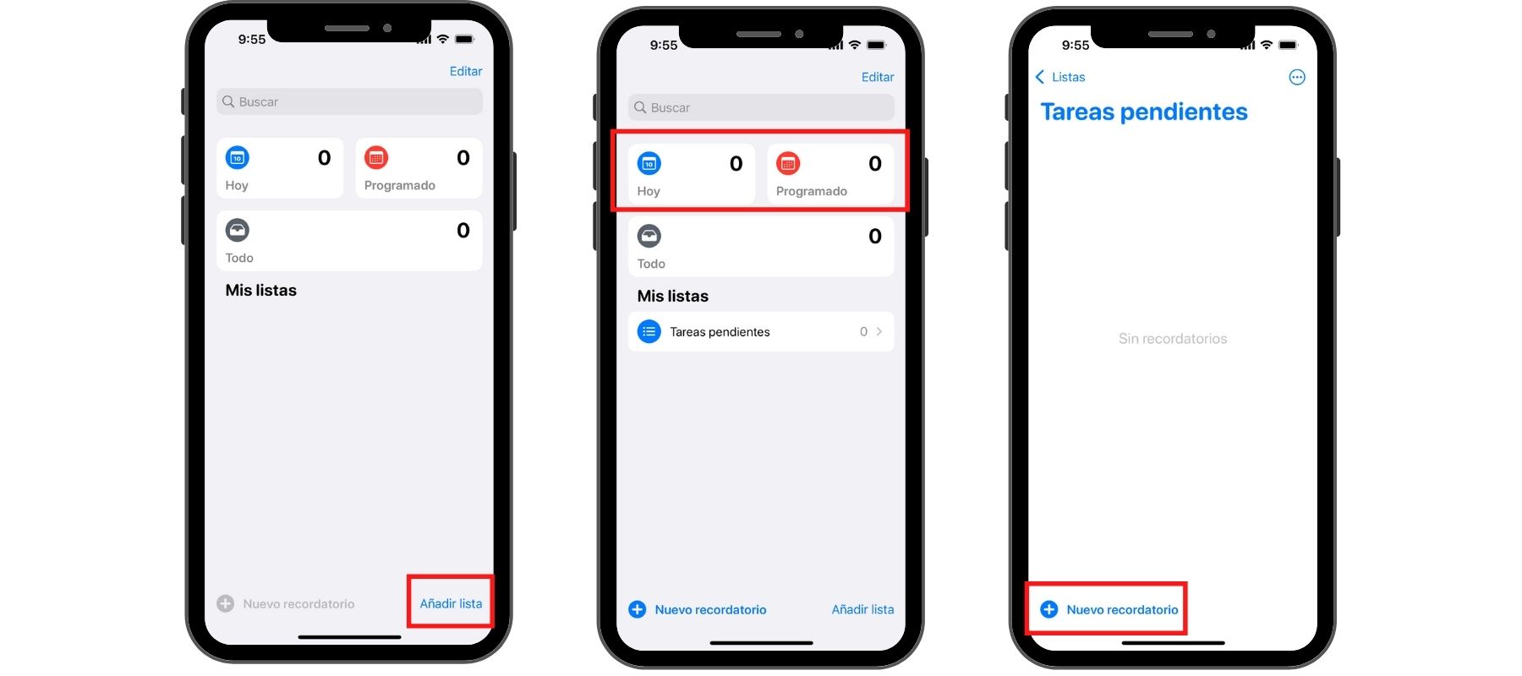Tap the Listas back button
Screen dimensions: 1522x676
(1060, 77)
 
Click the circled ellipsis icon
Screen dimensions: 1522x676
(1297, 78)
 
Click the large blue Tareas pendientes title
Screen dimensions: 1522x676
(1144, 112)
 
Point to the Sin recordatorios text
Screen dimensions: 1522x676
(1173, 339)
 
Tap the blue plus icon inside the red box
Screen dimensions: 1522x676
(1048, 609)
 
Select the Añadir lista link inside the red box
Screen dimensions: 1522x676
(451, 603)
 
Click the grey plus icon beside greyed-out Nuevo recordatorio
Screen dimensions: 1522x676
(225, 603)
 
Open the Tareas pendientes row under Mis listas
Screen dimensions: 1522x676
(761, 332)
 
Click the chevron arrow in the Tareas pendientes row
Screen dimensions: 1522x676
(879, 332)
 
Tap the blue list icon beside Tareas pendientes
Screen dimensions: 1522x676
(649, 332)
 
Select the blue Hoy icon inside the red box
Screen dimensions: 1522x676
(649, 163)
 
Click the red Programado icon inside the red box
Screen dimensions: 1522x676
(788, 163)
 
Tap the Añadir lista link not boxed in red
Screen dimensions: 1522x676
(862, 609)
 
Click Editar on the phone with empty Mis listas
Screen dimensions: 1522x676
(466, 71)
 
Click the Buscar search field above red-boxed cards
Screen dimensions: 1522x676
(761, 107)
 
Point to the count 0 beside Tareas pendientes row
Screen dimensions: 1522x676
(863, 332)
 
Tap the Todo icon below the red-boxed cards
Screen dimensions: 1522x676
(649, 236)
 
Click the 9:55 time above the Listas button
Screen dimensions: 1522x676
(1076, 45)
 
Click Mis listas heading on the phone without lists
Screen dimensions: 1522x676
(260, 290)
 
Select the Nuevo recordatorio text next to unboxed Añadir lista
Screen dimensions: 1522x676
(710, 609)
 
